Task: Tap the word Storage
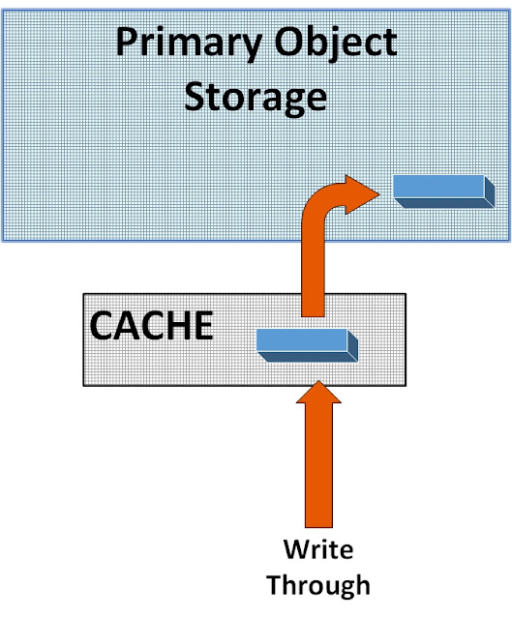click(256, 97)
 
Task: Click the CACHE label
click(151, 326)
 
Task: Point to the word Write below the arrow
click(317, 550)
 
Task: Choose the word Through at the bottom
click(317, 585)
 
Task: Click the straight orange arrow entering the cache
click(319, 455)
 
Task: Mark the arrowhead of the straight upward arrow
click(319, 397)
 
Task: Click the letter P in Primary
click(127, 44)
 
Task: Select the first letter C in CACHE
click(104, 326)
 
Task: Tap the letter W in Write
click(294, 550)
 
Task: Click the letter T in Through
click(275, 584)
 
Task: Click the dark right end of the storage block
click(490, 192)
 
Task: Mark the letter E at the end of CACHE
click(202, 326)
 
